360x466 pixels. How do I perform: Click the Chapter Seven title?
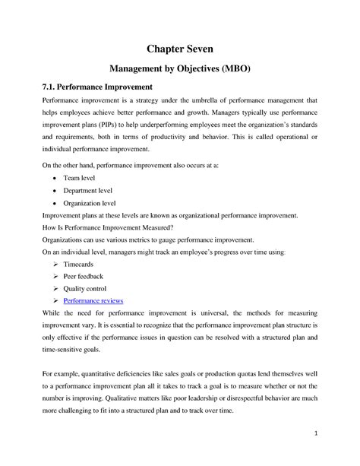[180, 50]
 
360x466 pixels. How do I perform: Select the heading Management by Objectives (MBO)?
[180, 74]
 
